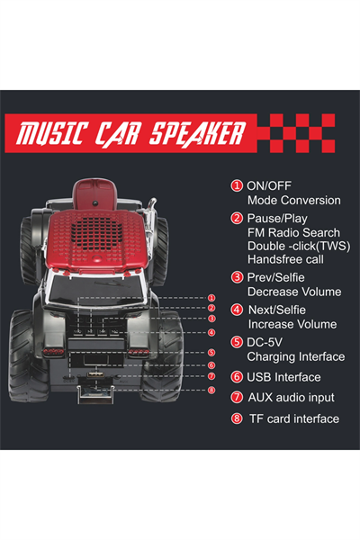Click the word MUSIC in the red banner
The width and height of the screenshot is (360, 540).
(x=50, y=133)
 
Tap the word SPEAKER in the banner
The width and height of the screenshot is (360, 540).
(x=197, y=133)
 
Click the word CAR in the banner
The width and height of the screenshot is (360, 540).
(x=118, y=133)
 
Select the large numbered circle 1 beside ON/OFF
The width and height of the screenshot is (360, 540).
(x=237, y=185)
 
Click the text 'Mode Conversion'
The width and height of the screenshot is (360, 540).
(x=294, y=200)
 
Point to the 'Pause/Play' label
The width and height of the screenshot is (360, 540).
(x=277, y=219)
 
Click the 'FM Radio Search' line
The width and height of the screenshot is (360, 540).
(x=293, y=232)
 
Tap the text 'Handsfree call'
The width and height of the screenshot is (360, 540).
(x=285, y=259)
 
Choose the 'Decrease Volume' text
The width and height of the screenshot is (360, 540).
(x=294, y=292)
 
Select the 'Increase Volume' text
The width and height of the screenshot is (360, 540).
(x=292, y=324)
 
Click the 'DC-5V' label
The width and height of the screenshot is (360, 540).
(x=265, y=342)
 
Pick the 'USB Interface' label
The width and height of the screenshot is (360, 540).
(x=283, y=377)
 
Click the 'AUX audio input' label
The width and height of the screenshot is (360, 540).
(x=291, y=398)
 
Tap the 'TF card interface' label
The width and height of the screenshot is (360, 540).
(x=294, y=418)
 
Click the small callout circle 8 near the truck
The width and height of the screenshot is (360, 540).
(x=211, y=390)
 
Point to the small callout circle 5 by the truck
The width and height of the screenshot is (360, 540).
(x=211, y=352)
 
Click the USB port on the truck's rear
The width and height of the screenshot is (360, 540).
(x=95, y=374)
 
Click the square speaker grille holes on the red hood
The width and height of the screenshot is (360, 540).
(x=97, y=233)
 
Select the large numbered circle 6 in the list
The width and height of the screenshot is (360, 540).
(x=237, y=377)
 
